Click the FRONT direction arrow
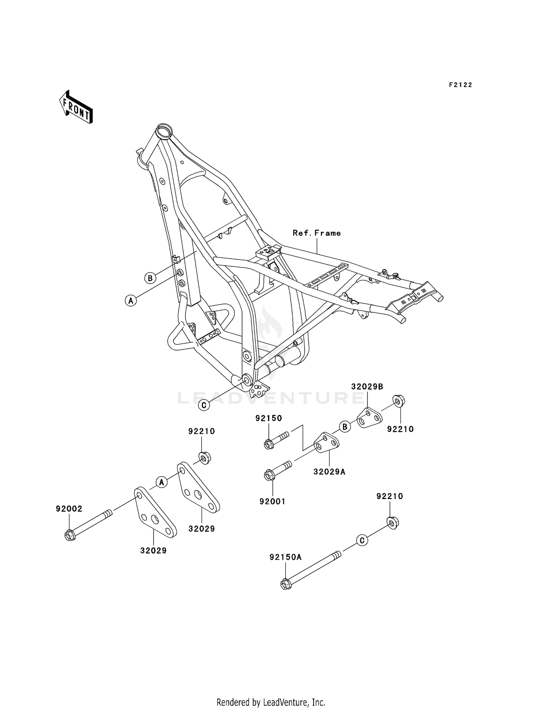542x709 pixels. [76, 107]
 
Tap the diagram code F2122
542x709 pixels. [460, 85]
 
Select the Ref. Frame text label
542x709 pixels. [317, 233]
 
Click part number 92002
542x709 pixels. [69, 509]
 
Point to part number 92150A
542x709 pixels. [285, 557]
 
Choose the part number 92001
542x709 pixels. [272, 501]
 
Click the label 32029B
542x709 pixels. [367, 386]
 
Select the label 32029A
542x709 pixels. [329, 472]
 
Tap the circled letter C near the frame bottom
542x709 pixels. [204, 405]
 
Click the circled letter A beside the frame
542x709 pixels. [131, 300]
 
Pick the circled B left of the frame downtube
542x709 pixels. [150, 278]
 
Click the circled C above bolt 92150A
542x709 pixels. [362, 540]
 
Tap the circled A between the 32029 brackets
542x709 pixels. [162, 482]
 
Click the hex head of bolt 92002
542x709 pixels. [69, 535]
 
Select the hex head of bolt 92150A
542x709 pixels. [285, 584]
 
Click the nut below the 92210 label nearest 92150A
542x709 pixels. [392, 523]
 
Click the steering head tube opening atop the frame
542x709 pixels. [164, 130]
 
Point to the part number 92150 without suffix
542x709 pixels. [268, 418]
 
